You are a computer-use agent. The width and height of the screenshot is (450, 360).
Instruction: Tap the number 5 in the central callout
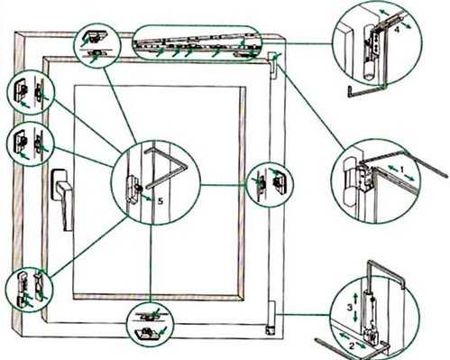coord(161,201)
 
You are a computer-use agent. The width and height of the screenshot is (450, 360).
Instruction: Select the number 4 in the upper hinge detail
coord(397,30)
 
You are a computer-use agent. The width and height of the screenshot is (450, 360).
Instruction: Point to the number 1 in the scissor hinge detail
coord(402,170)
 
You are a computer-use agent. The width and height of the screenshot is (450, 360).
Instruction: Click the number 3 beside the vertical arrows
coord(349,308)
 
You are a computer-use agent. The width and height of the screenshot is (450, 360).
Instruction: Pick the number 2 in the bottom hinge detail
coord(352,346)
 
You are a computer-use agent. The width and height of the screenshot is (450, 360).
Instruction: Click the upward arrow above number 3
coord(355,298)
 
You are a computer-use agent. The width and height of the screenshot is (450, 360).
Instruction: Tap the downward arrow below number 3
coord(356,317)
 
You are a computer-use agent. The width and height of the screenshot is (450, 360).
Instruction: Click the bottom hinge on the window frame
coord(270,318)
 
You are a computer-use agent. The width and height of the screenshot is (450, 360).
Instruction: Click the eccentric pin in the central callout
coord(139,188)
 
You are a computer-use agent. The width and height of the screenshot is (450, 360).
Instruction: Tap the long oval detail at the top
coord(197,42)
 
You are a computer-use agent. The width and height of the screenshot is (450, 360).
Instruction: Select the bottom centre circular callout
coord(150,325)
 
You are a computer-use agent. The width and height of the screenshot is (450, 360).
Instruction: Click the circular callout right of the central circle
coord(270,185)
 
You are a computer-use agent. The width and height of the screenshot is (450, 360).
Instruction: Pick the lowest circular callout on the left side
coord(29,290)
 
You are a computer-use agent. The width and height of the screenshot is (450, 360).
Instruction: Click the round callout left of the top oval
coord(97,46)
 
